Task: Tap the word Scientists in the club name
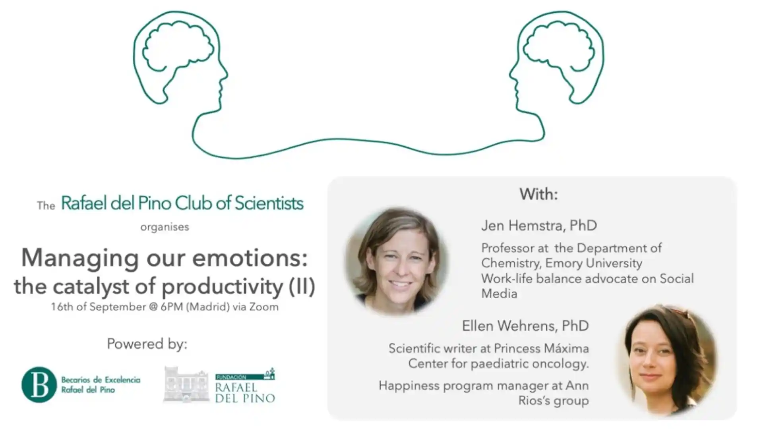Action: [269, 203]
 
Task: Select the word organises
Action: [165, 227]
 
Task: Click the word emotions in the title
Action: [250, 258]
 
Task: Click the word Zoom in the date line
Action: [264, 307]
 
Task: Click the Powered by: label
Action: [147, 344]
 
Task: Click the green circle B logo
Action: [39, 385]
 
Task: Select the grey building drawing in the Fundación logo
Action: [186, 385]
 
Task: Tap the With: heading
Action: [539, 194]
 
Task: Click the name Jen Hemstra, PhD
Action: [539, 226]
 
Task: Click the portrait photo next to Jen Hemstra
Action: [396, 261]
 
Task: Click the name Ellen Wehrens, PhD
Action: [525, 326]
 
